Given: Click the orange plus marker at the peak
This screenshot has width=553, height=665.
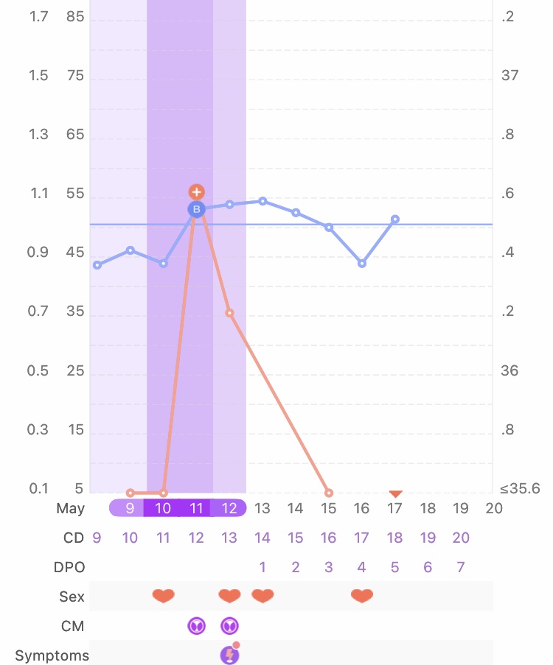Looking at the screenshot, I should pyautogui.click(x=196, y=192).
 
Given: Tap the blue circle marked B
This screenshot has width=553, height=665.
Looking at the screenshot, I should pyautogui.click(x=196, y=210).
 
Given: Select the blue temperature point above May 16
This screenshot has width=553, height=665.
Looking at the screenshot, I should pyautogui.click(x=362, y=263).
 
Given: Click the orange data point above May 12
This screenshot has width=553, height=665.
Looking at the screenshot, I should pyautogui.click(x=229, y=313).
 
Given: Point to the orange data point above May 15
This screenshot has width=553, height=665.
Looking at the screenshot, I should pyautogui.click(x=329, y=493).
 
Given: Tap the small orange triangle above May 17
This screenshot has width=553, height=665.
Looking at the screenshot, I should pyautogui.click(x=395, y=493).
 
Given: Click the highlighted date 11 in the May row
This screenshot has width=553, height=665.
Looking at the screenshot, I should pyautogui.click(x=196, y=508).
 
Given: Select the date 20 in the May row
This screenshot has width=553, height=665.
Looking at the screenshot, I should pyautogui.click(x=494, y=508).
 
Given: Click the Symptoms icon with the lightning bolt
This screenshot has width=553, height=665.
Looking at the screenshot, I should pyautogui.click(x=230, y=655).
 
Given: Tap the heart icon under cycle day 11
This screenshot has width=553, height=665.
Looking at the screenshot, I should pyautogui.click(x=163, y=596).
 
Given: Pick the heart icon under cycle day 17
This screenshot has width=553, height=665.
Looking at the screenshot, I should pyautogui.click(x=362, y=596).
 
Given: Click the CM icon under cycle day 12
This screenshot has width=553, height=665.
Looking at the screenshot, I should pyautogui.click(x=196, y=626).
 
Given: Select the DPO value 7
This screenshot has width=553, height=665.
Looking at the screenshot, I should pyautogui.click(x=461, y=567).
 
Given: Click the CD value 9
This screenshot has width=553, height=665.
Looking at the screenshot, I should pyautogui.click(x=97, y=538).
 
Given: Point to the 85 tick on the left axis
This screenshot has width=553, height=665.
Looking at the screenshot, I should pyautogui.click(x=75, y=17).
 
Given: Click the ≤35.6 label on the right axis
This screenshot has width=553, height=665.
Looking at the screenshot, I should pyautogui.click(x=520, y=489).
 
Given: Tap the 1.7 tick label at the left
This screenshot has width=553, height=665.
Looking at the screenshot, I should pyautogui.click(x=38, y=17).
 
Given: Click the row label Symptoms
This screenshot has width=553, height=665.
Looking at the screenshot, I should pyautogui.click(x=52, y=655).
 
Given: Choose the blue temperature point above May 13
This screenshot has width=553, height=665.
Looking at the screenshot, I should pyautogui.click(x=262, y=201).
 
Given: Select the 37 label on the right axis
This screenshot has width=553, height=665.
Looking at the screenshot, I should pyautogui.click(x=509, y=76).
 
